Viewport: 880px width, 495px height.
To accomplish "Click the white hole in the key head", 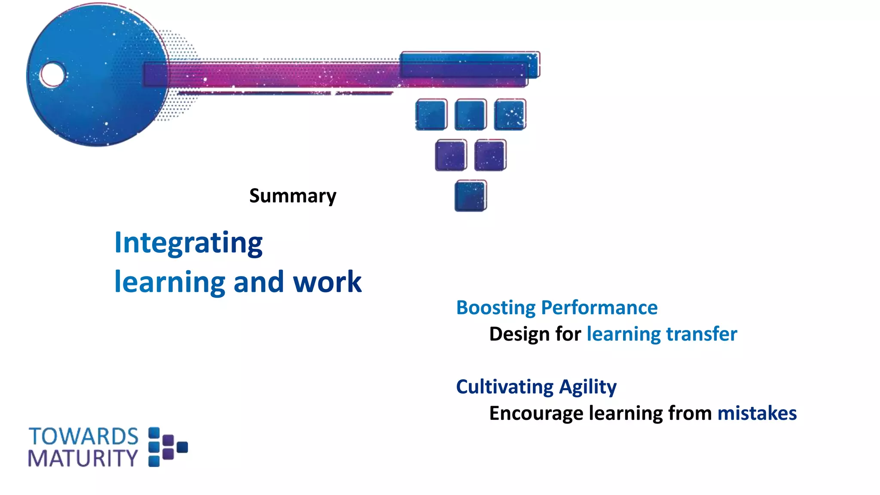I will [x=52, y=74].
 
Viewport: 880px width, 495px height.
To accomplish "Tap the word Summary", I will [x=293, y=196].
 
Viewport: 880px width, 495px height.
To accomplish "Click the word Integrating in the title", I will [x=188, y=243].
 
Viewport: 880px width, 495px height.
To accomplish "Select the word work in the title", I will [x=327, y=282].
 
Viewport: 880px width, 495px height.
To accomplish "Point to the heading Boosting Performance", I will [x=556, y=308].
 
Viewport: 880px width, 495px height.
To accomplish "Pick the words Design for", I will [x=535, y=334].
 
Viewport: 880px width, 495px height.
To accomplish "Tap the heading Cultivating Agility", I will [x=536, y=387].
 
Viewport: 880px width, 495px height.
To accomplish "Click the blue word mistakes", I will [x=757, y=413].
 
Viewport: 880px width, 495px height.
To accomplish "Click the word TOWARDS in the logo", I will [x=83, y=437].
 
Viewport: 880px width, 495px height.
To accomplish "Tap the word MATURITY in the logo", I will [x=82, y=458].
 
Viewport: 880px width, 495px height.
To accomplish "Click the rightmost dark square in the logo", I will [x=182, y=447].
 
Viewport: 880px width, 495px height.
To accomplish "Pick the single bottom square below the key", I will [x=471, y=196].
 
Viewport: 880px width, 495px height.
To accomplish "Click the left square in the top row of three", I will [x=431, y=114].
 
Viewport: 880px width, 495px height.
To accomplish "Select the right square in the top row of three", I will [x=510, y=114].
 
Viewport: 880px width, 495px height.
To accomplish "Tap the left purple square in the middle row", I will [x=451, y=155].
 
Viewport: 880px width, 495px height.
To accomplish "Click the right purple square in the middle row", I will [x=490, y=155].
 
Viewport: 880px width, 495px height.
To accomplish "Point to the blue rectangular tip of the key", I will [x=470, y=65].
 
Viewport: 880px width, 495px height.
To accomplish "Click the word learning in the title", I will [x=170, y=282].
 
